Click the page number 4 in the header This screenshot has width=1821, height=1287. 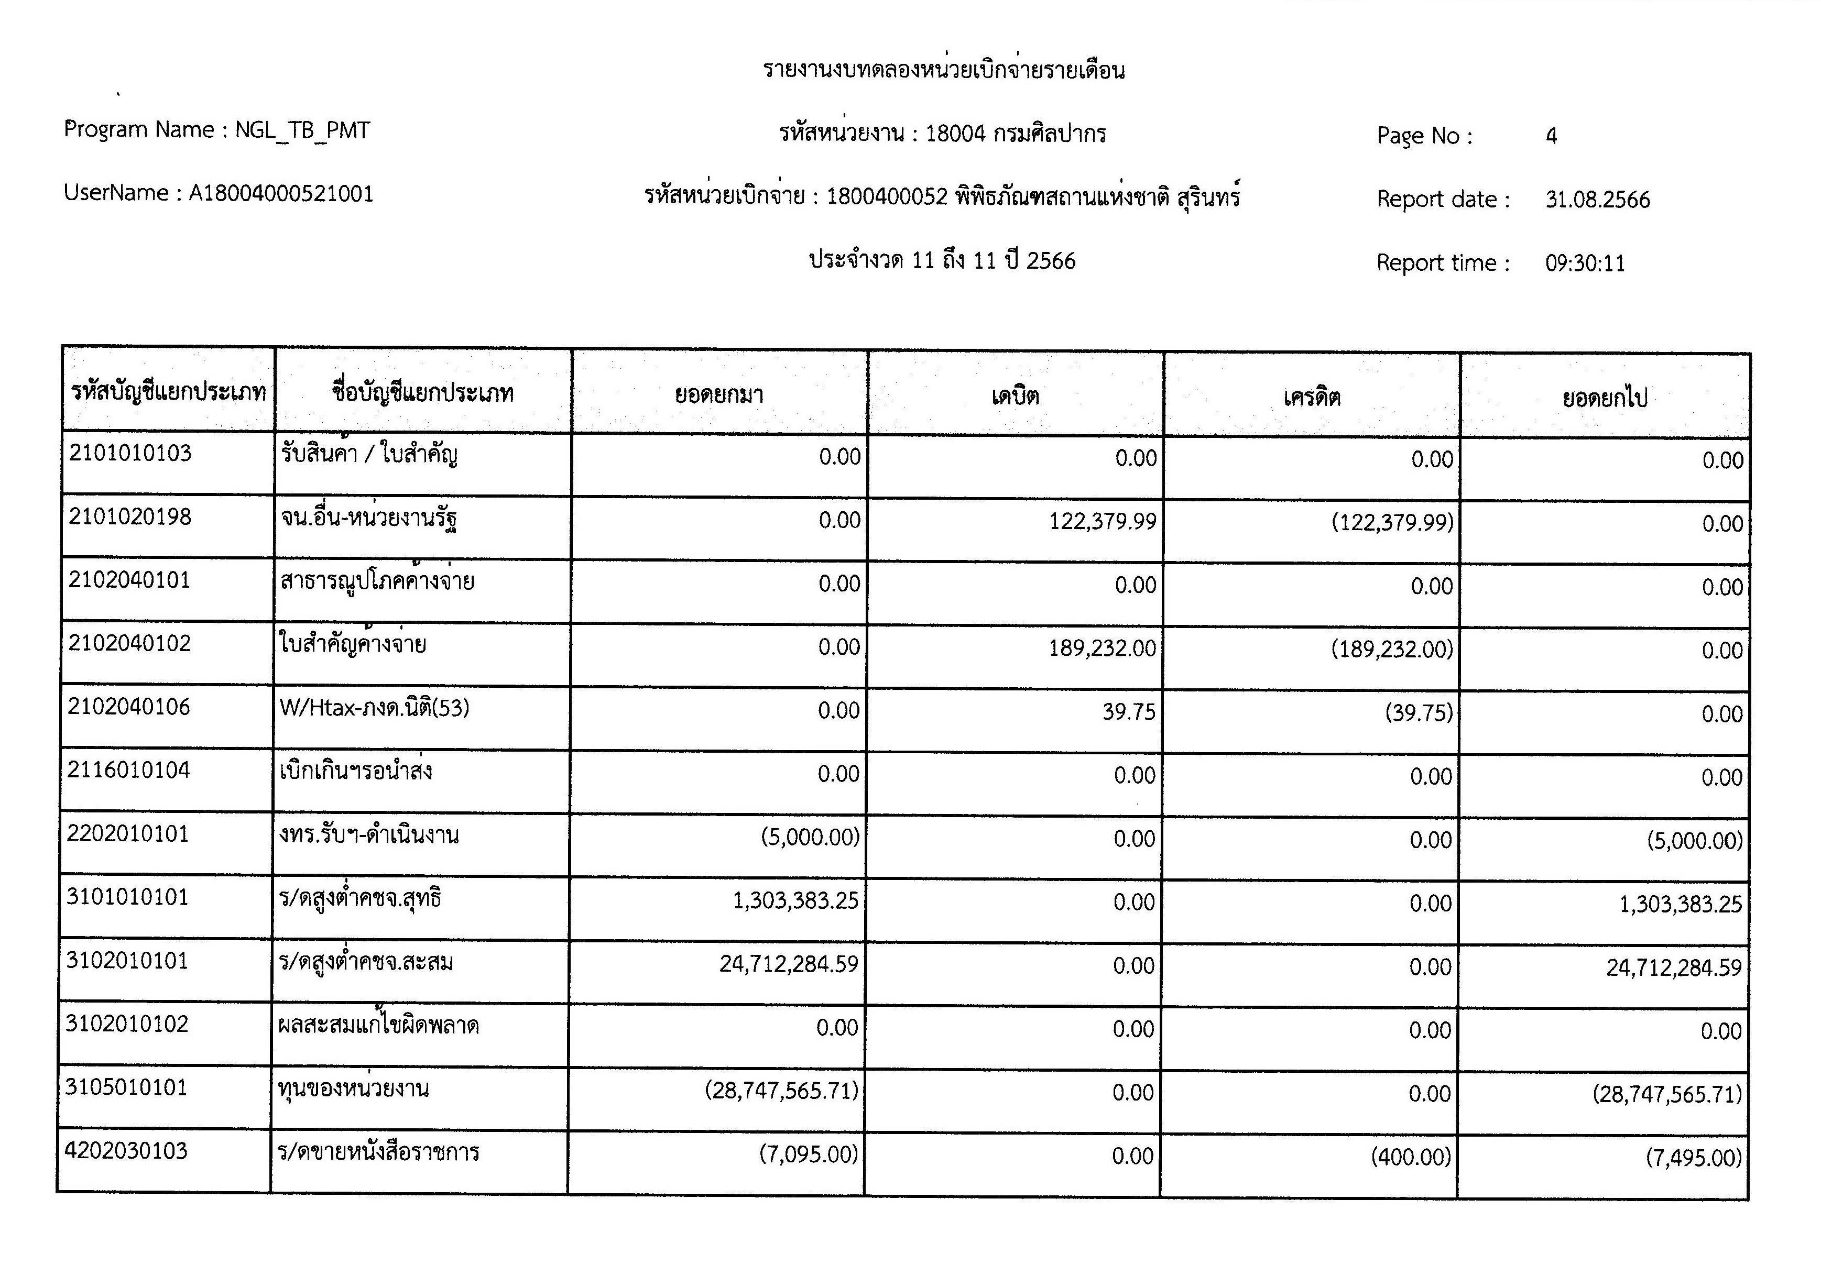pos(1551,136)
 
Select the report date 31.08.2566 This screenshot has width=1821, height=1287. pos(1597,200)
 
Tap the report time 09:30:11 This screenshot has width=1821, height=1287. pos(1585,263)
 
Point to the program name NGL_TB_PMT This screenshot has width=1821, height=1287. pos(302,130)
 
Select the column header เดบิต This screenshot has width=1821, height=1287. pos(1015,395)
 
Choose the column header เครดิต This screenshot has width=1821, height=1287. pos(1312,397)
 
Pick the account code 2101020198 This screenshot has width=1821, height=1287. pos(130,517)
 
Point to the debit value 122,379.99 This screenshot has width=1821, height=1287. pos(1103,521)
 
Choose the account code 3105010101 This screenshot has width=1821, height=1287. pos(127,1087)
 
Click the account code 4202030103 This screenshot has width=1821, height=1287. pos(126,1151)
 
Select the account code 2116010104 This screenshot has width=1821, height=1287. pos(128,770)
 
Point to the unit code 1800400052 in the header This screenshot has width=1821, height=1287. pos(887,196)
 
